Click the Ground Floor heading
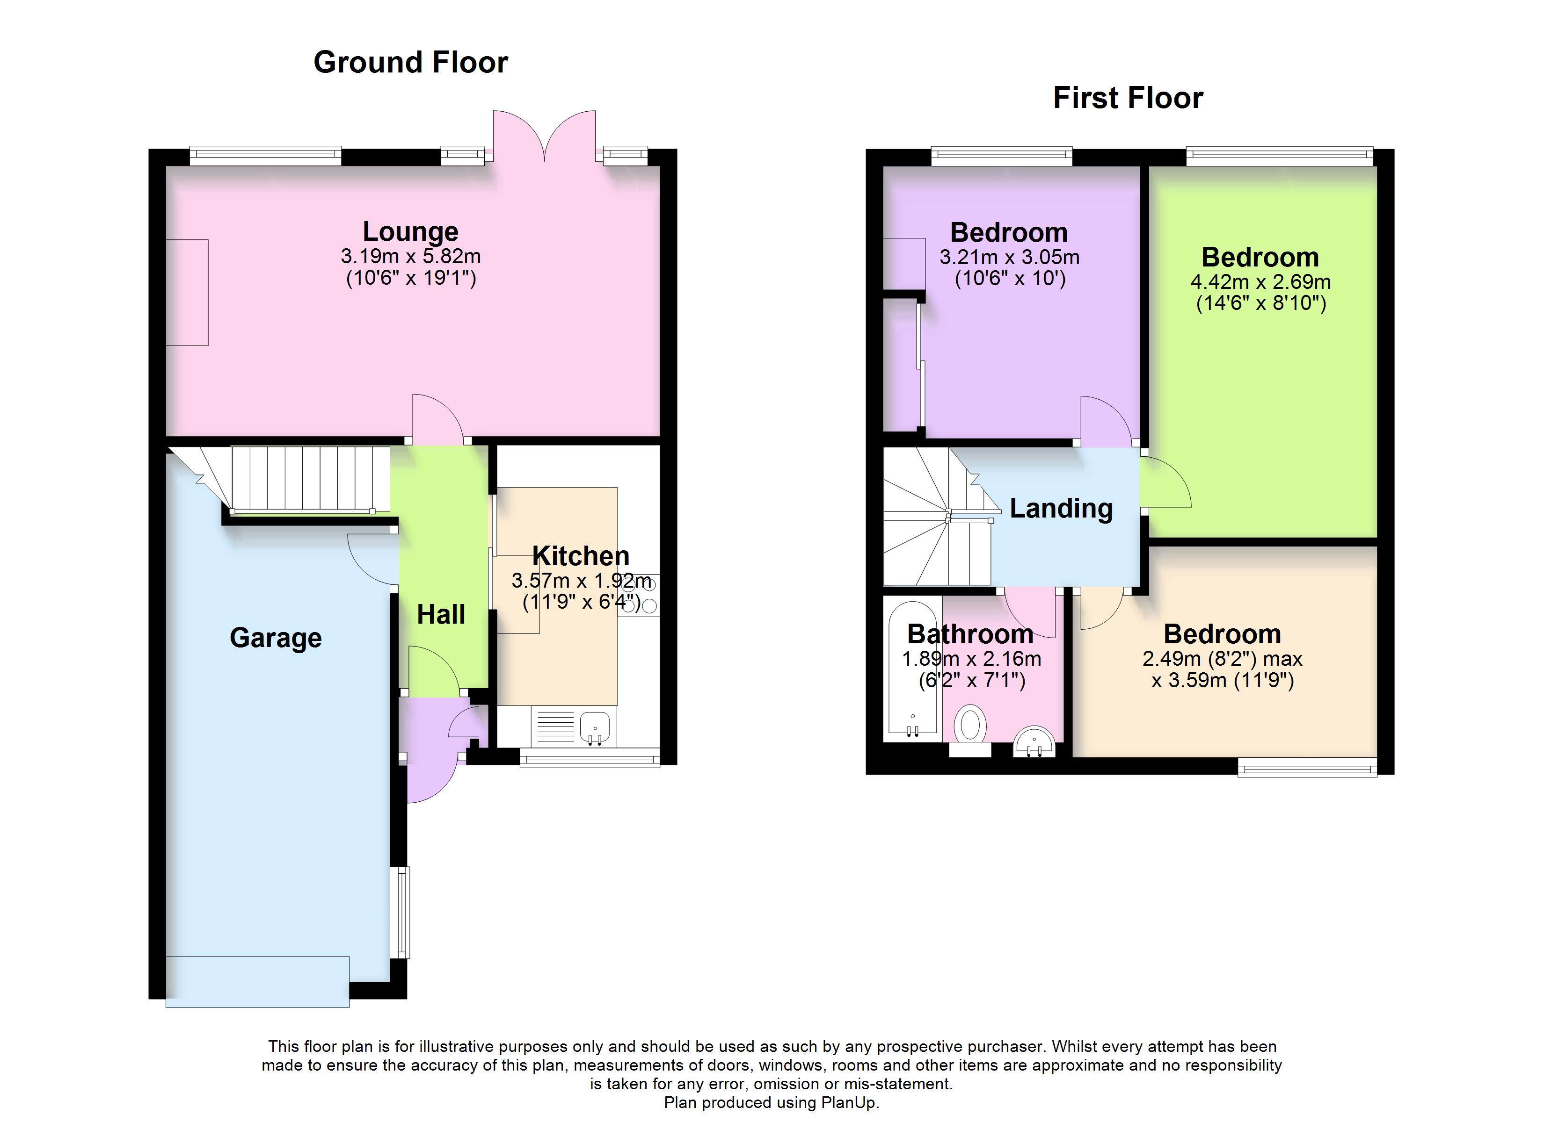tap(410, 63)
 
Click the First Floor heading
tap(1128, 98)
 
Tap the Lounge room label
tap(410, 232)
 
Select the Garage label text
tap(276, 638)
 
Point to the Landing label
tap(1061, 508)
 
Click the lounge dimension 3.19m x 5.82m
tap(410, 257)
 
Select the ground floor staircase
tap(310, 478)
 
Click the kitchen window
tap(590, 757)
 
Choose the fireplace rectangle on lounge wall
tap(187, 293)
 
